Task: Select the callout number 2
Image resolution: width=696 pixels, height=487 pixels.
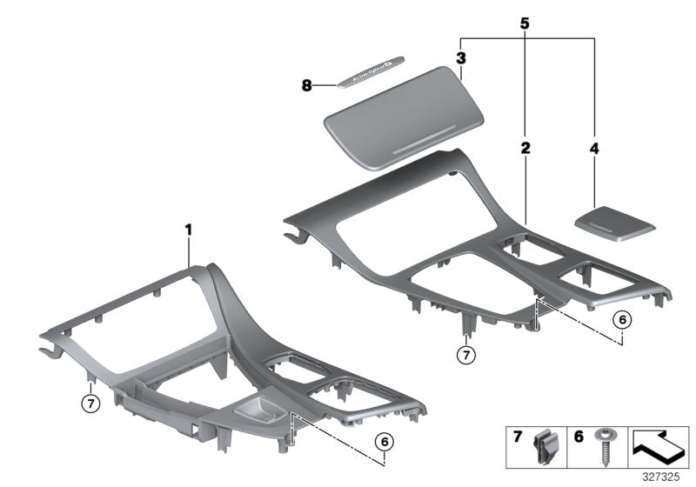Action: coord(525,149)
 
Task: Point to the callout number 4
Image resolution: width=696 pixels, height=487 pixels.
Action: coord(594,149)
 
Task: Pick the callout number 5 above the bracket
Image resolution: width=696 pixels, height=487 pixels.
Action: coord(525,23)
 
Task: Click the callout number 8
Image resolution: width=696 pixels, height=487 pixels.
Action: coord(306,85)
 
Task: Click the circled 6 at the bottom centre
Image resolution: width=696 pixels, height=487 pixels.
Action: coord(384,443)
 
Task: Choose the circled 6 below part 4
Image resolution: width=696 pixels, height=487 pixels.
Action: coord(620,319)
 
